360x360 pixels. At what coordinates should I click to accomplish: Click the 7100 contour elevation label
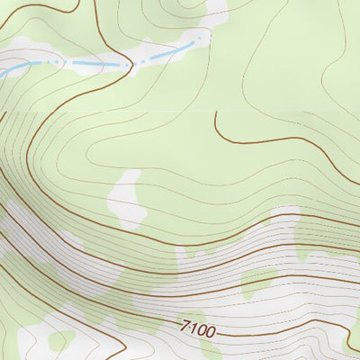[198, 330]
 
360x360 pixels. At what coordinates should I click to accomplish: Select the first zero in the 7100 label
[202, 331]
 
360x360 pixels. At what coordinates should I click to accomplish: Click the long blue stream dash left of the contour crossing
[94, 63]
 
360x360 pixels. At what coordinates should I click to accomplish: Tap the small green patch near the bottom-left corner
[60, 340]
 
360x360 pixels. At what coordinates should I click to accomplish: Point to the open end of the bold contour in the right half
[215, 113]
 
